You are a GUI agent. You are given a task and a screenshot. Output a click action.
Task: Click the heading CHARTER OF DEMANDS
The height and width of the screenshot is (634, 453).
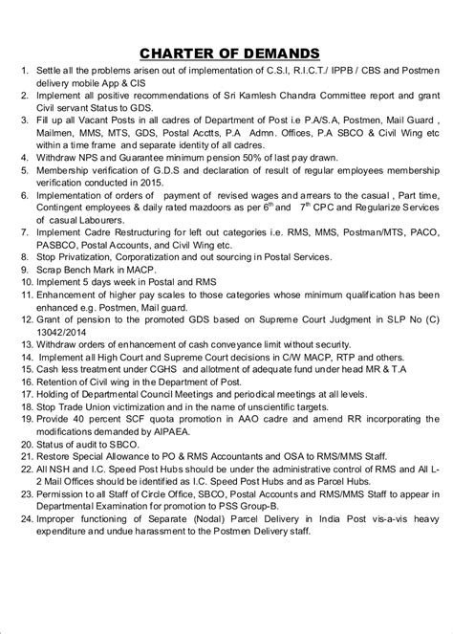click(226, 51)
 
